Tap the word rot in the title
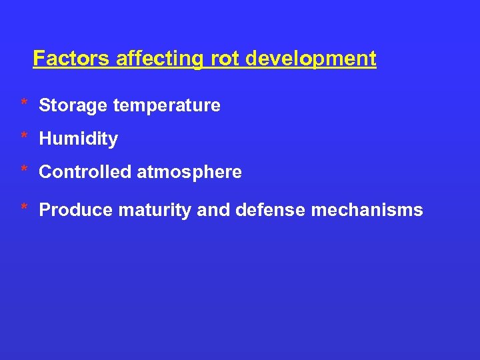click(225, 59)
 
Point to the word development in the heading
click(311, 59)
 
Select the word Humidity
click(79, 139)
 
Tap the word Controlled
click(85, 173)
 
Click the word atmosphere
click(189, 173)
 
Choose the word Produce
click(76, 211)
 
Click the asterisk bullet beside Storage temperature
click(23, 103)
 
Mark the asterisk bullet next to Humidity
click(23, 136)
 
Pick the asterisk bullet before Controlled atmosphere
click(23, 169)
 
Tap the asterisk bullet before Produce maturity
click(23, 207)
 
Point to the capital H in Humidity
click(45, 139)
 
